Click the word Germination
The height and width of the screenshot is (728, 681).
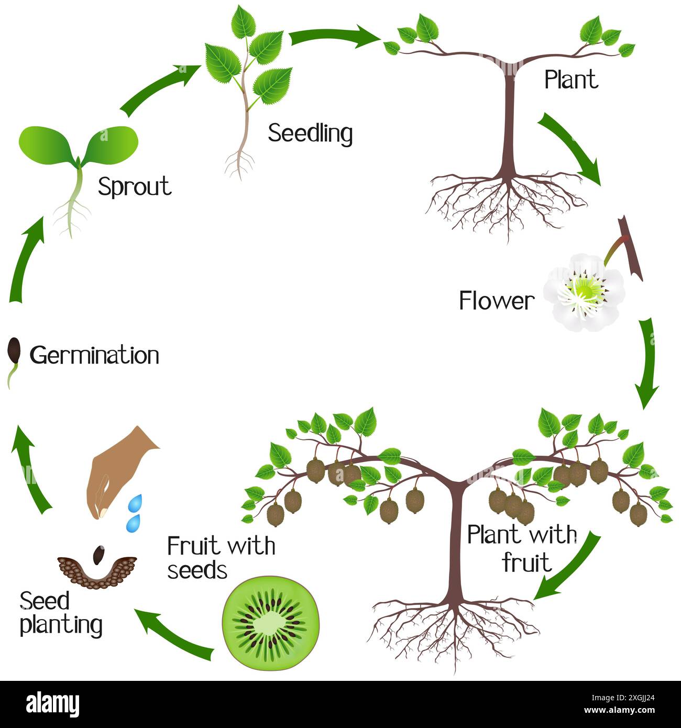(94, 356)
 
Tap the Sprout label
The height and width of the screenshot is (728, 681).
(135, 187)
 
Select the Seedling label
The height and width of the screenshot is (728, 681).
(310, 134)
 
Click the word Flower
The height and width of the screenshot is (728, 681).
(496, 301)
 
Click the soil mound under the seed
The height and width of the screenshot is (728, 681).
(97, 572)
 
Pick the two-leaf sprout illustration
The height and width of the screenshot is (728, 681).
(79, 157)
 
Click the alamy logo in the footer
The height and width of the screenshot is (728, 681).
(53, 704)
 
